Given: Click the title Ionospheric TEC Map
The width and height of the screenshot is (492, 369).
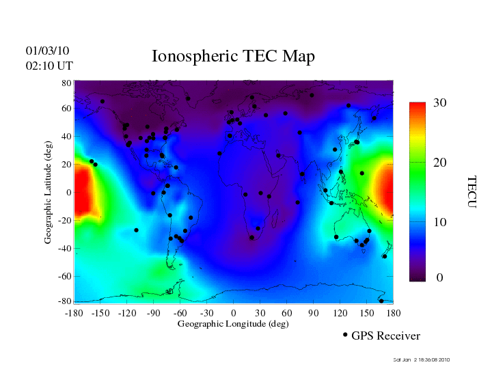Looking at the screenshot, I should [x=233, y=57].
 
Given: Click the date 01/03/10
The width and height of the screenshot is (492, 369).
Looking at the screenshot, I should [x=47, y=51].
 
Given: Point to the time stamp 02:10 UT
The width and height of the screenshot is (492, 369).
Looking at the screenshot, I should [x=49, y=66].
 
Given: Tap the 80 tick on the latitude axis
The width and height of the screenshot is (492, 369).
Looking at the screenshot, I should [x=67, y=83].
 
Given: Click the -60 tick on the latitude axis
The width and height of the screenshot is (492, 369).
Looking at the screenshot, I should [x=64, y=277].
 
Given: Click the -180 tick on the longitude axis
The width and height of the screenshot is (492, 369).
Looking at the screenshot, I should [x=74, y=312].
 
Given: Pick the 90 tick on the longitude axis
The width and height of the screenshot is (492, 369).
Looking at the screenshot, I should [x=314, y=312].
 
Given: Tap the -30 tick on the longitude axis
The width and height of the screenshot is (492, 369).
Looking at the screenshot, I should [x=206, y=312].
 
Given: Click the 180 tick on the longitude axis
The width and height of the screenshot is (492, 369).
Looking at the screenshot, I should [x=393, y=312].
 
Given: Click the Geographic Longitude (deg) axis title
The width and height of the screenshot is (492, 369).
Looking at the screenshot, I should [x=233, y=324].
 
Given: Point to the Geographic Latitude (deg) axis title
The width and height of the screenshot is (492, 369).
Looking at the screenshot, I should [x=49, y=196].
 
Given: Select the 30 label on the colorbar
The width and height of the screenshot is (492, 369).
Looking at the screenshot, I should [x=440, y=103].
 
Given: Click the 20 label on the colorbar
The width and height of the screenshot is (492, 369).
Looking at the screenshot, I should [x=440, y=163].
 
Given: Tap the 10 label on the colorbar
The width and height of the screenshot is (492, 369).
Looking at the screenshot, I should [x=440, y=223].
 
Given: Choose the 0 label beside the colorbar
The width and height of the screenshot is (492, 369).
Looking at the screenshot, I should [x=440, y=278].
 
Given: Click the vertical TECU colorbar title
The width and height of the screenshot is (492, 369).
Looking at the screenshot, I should [x=471, y=191].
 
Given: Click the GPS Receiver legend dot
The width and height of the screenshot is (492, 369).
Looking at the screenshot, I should [x=345, y=335].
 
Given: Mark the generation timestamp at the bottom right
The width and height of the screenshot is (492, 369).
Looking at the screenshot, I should [x=422, y=359].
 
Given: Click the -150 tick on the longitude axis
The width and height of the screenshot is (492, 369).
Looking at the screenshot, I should [x=100, y=312].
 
